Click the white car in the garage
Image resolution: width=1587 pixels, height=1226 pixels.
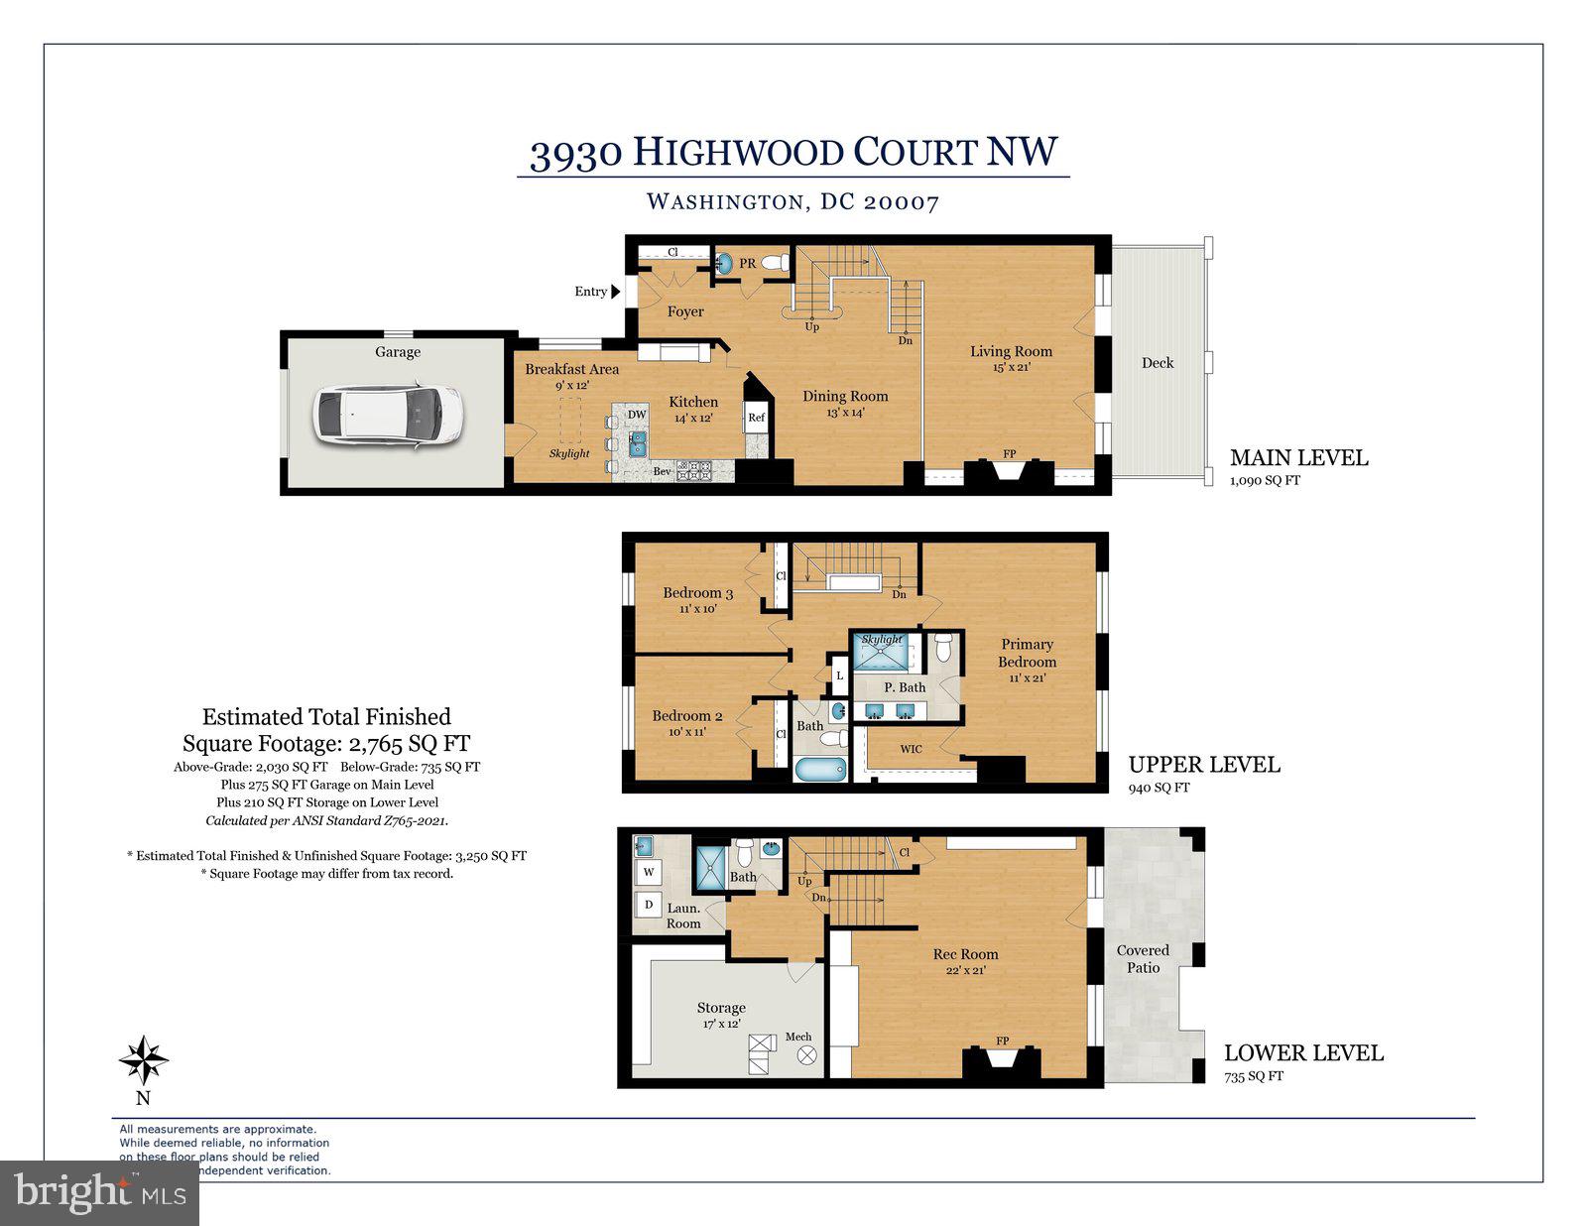click(388, 415)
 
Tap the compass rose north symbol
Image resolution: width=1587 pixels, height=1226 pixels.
click(144, 1061)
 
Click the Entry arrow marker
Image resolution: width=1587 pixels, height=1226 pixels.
click(615, 292)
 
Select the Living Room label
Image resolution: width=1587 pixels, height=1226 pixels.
click(1011, 351)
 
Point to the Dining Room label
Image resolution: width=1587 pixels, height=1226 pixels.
click(845, 396)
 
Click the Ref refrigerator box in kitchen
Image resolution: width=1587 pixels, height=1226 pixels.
click(756, 418)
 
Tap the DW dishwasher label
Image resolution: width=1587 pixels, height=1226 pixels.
click(637, 415)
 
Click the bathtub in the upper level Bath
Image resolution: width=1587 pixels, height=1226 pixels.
click(820, 769)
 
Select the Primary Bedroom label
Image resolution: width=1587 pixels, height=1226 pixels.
click(1027, 653)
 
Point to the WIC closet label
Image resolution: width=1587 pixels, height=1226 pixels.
click(911, 749)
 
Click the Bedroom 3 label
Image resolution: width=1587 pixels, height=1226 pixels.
click(697, 593)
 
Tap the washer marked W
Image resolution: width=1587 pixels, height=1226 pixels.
click(650, 872)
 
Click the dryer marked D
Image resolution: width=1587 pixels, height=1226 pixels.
click(650, 904)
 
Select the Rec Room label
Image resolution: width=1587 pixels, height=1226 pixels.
click(965, 954)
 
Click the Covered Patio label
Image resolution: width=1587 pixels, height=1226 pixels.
click(1143, 958)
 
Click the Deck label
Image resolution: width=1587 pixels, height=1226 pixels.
click(1157, 363)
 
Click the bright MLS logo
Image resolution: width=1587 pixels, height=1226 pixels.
click(99, 1192)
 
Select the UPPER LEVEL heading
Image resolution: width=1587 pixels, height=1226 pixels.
click(1204, 765)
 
